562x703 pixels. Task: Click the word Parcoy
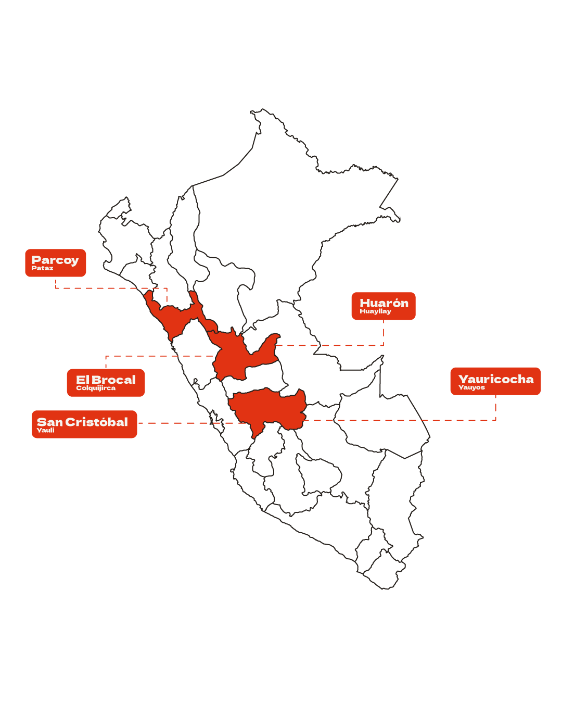tap(55, 260)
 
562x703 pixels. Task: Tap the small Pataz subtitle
tap(42, 268)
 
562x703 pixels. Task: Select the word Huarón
tap(384, 303)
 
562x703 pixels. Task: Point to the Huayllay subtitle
tap(375, 311)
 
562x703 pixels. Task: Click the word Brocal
tap(113, 380)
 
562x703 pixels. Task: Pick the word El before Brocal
tap(82, 380)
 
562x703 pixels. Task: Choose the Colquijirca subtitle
tap(96, 388)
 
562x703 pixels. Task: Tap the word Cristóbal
tap(97, 422)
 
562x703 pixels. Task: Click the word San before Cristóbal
tap(49, 422)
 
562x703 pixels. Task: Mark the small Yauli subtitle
tap(46, 430)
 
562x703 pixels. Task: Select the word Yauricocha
tap(496, 379)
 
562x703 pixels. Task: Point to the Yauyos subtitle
tap(471, 387)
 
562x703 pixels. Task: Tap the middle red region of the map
tap(232, 357)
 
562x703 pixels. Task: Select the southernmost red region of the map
tap(268, 409)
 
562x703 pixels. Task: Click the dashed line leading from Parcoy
tap(109, 287)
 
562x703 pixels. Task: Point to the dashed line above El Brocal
tap(156, 356)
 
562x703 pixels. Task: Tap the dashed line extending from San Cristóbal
tap(182, 423)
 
